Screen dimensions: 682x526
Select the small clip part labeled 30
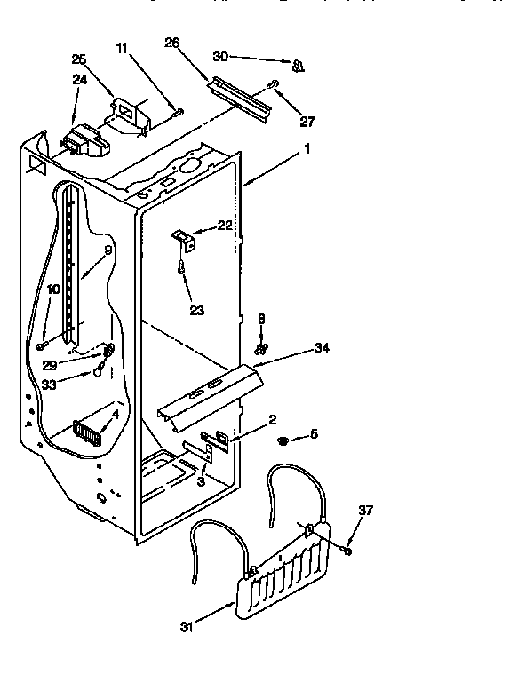(x=298, y=64)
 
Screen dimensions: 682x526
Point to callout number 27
(x=307, y=122)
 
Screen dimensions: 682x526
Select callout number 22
(x=225, y=226)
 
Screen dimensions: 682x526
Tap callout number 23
(x=197, y=310)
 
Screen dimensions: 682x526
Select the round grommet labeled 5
(x=283, y=440)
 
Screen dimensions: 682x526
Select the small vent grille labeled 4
(x=88, y=432)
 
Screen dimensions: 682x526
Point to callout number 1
(x=307, y=150)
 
